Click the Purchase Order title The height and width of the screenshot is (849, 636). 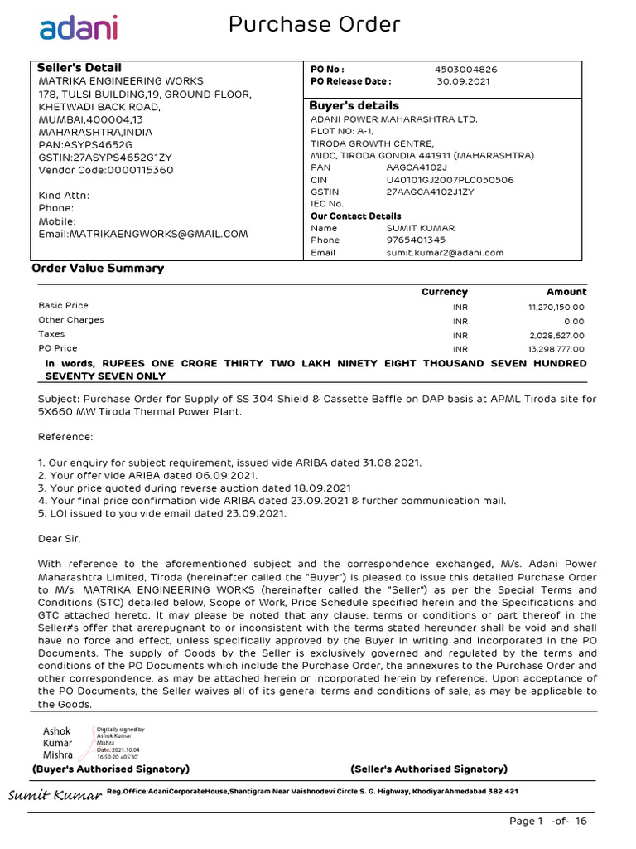point(314,25)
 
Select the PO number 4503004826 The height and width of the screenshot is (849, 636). point(466,70)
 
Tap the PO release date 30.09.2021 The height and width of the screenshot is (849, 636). point(463,82)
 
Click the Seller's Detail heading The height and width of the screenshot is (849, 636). point(79,68)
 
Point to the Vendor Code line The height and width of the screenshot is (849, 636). point(106,170)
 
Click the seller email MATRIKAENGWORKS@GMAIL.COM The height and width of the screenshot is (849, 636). point(143,234)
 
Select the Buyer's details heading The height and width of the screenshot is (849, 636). point(354,106)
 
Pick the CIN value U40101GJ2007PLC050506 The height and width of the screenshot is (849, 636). point(450,179)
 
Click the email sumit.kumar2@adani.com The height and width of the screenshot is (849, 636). point(445,253)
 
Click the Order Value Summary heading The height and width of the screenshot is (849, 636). point(98,269)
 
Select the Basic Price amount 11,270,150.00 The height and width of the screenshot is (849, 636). point(556,307)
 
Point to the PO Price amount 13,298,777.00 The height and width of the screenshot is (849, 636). point(556,349)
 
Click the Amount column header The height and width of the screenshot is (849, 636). point(566,292)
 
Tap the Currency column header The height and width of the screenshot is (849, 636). point(445,292)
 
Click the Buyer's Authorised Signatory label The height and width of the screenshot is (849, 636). point(111,769)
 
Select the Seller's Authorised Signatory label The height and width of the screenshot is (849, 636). point(429,769)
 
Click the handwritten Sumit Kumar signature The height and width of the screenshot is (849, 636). point(55,797)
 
